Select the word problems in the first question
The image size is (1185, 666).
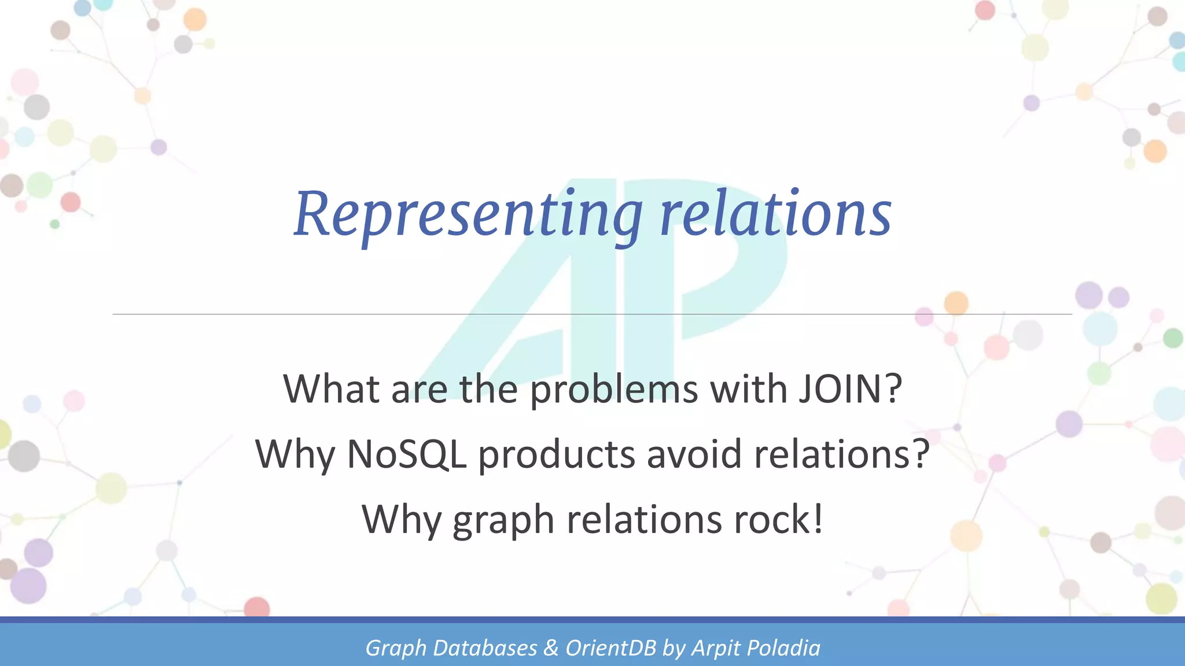click(614, 390)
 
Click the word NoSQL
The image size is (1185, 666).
click(407, 454)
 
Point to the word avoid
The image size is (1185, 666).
click(694, 454)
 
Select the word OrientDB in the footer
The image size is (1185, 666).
click(611, 648)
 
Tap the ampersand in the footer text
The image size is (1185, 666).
click(551, 648)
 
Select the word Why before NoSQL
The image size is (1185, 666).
click(295, 455)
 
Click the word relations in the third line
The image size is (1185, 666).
click(644, 519)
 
